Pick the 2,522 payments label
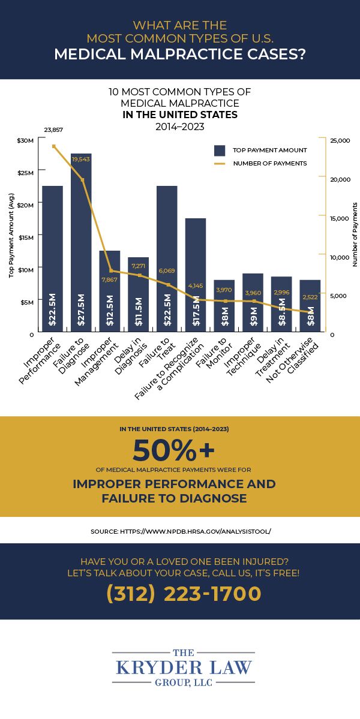(311, 297)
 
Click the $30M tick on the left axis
(26, 140)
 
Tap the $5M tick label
(28, 302)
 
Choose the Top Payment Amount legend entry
(269, 150)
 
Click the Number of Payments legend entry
(269, 163)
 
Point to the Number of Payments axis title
(355, 234)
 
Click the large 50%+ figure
(173, 450)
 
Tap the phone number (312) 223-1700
(184, 594)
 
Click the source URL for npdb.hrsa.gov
(180, 531)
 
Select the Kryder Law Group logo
(184, 666)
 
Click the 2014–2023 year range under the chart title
(180, 127)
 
